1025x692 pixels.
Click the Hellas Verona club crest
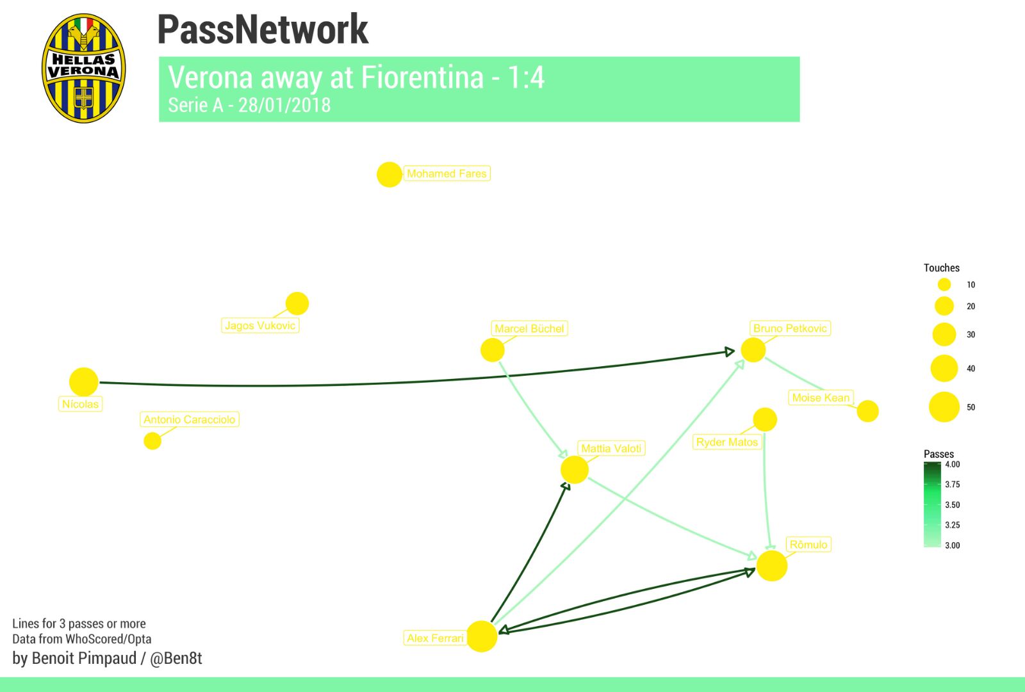84,68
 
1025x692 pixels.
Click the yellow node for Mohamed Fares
389,174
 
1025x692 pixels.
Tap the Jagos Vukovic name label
260,326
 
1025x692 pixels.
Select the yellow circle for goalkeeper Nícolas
84,382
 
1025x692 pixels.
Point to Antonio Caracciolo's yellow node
152,441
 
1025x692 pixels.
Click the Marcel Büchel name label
529,328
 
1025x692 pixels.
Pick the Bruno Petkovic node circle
753,350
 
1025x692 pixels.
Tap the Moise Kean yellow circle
867,411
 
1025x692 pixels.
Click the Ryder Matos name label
727,442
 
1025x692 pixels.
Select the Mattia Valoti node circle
575,470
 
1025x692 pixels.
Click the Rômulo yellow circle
772,566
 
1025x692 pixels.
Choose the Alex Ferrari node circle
482,636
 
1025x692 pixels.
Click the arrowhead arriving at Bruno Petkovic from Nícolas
730,351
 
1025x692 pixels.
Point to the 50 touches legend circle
944,407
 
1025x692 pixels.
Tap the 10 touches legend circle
944,285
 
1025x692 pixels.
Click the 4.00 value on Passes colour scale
953,465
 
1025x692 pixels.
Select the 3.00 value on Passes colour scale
953,545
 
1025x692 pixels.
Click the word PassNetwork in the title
263,29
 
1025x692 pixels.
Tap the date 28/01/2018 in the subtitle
284,105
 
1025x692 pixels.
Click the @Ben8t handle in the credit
176,659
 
